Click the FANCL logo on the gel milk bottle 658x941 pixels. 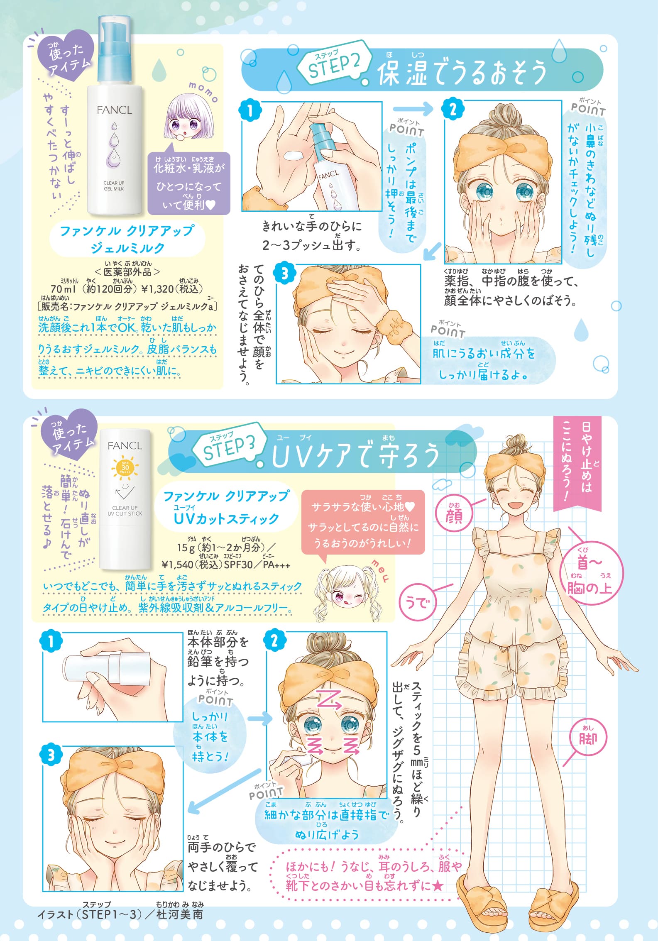(x=114, y=110)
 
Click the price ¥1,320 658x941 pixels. (x=158, y=288)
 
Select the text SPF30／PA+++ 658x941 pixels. (x=257, y=565)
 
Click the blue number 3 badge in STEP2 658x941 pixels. (x=284, y=274)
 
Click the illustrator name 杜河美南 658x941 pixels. (x=180, y=914)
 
